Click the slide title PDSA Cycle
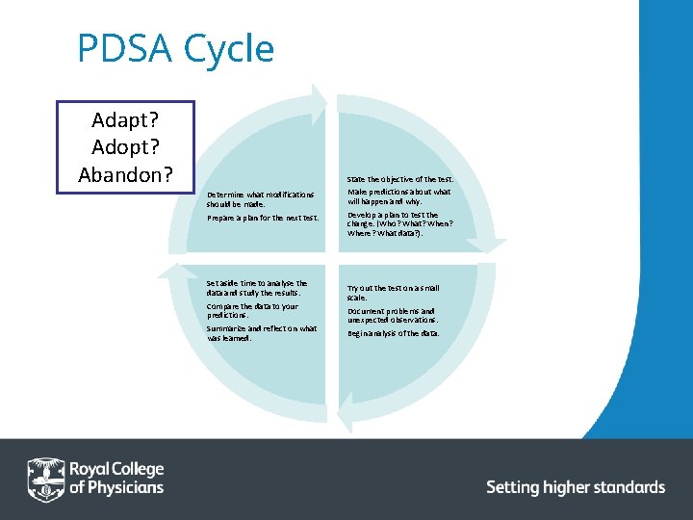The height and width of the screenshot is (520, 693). click(x=175, y=49)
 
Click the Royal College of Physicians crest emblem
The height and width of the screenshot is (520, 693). click(x=45, y=478)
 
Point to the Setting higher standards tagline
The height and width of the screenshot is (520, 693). click(x=575, y=487)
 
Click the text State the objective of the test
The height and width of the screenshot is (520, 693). click(x=399, y=179)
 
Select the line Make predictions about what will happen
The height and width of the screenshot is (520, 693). click(x=398, y=197)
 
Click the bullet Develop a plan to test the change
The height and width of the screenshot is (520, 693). click(x=399, y=224)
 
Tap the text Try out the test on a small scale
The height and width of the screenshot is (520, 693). click(x=393, y=293)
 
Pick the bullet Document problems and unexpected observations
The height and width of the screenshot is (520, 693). click(x=393, y=315)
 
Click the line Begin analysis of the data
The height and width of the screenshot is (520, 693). click(x=393, y=333)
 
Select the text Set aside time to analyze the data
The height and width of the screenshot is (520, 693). click(x=256, y=288)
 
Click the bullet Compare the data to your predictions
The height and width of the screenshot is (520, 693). click(x=251, y=310)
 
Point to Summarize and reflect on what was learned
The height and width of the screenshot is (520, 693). click(x=260, y=333)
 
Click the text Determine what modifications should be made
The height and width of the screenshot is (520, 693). click(x=260, y=199)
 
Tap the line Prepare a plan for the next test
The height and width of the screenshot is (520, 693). click(x=262, y=218)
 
